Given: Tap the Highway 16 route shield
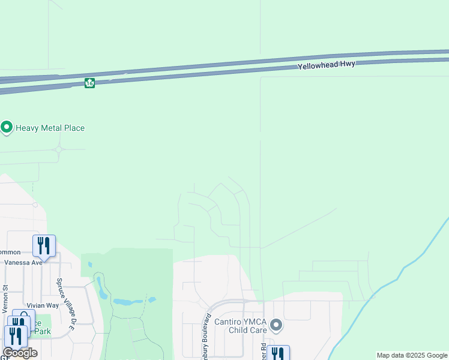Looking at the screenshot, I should click(x=89, y=83).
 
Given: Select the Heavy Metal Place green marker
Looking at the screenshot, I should click(x=7, y=128).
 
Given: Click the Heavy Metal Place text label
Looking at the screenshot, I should click(x=50, y=128).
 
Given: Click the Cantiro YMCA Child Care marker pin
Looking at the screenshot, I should click(x=276, y=325).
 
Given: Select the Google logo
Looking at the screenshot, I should click(x=20, y=353).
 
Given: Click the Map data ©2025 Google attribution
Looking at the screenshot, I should click(x=412, y=355).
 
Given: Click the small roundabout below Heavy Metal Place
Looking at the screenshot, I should click(x=59, y=149).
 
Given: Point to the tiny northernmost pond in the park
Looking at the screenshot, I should click(x=90, y=264).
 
